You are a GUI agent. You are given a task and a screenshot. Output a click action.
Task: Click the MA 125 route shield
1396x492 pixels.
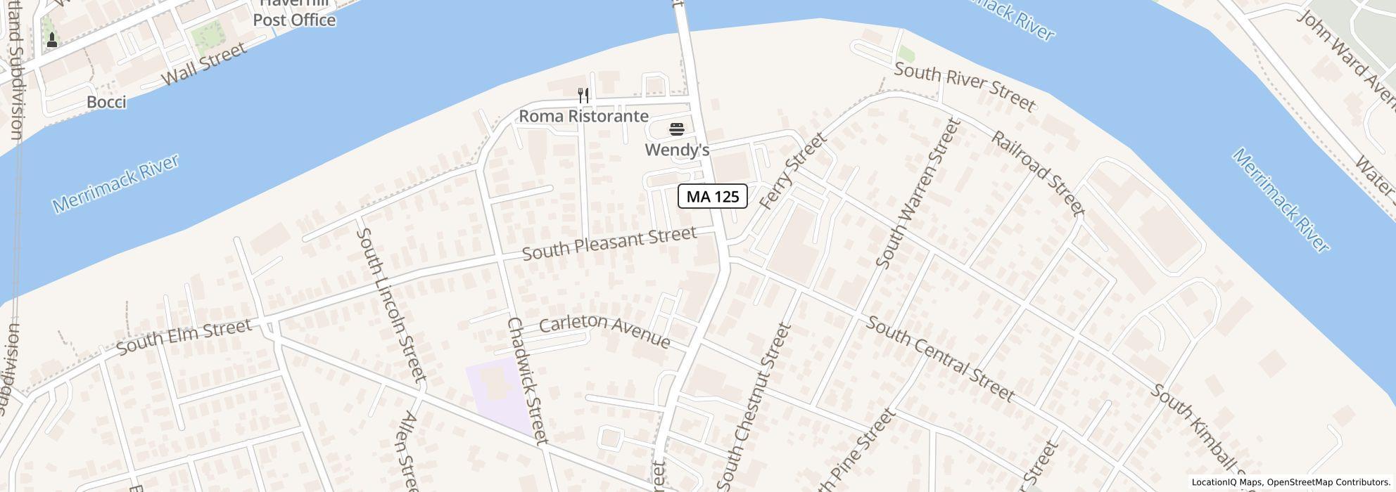tap(712, 196)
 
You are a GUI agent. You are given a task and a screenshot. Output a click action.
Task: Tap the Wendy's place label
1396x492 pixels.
tap(677, 150)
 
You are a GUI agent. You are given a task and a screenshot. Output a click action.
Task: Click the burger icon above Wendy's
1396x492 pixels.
tap(677, 129)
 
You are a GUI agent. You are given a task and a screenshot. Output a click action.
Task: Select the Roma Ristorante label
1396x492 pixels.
tap(583, 116)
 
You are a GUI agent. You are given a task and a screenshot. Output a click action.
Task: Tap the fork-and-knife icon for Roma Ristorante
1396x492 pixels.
tap(583, 95)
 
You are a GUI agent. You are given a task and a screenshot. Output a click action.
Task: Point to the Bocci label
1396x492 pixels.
tap(106, 103)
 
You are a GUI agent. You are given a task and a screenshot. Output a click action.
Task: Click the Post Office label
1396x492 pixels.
tap(294, 20)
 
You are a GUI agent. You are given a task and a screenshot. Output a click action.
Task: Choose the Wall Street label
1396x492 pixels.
tap(204, 63)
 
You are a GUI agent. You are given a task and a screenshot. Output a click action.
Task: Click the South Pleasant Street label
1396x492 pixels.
tap(609, 243)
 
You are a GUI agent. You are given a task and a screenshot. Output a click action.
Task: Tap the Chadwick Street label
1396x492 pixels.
tap(527, 380)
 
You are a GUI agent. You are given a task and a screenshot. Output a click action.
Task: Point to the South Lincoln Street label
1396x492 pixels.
tap(391, 304)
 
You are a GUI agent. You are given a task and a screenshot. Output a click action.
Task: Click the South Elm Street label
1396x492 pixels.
tap(184, 337)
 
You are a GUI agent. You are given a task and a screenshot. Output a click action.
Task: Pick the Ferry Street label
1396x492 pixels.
tap(792, 171)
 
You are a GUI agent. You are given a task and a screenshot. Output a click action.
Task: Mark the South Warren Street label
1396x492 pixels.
tap(918, 193)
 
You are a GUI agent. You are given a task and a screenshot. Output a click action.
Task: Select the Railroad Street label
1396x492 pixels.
tap(1038, 171)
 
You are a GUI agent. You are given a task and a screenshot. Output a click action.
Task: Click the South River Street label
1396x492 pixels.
tap(965, 87)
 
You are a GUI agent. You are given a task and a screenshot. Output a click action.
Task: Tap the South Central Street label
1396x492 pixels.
tap(939, 358)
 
